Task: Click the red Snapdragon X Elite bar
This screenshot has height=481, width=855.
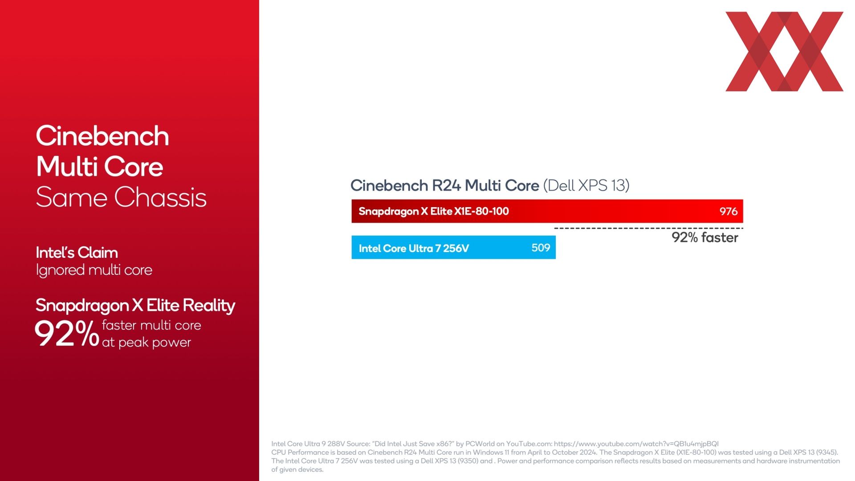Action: (x=547, y=211)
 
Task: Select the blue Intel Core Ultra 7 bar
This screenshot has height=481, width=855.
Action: (x=453, y=247)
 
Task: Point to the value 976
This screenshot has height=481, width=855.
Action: (x=729, y=212)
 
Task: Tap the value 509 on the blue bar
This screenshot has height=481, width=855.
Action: (x=541, y=248)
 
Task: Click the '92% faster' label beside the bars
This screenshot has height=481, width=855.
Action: (x=705, y=237)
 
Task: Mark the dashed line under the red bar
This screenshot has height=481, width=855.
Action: (x=648, y=228)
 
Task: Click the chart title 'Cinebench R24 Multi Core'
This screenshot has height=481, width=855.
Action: (x=444, y=185)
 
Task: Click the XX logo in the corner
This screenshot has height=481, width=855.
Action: (x=785, y=52)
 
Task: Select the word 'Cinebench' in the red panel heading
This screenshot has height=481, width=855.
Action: (x=102, y=136)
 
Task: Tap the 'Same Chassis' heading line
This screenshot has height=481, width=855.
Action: (x=121, y=197)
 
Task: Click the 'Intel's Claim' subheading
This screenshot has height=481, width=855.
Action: (x=77, y=253)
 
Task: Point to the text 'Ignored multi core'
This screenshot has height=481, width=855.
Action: (x=94, y=270)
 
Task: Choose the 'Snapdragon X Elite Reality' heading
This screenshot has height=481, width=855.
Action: (x=135, y=305)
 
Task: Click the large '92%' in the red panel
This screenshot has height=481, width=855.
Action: (x=67, y=334)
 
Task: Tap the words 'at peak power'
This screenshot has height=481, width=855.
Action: (x=147, y=342)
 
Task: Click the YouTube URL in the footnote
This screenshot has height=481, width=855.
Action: (x=636, y=444)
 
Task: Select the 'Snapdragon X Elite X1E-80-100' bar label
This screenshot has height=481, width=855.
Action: (x=434, y=211)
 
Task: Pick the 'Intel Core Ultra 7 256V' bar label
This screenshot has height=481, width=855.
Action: (x=414, y=248)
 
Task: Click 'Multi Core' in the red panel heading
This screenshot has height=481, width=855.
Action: (x=100, y=167)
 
